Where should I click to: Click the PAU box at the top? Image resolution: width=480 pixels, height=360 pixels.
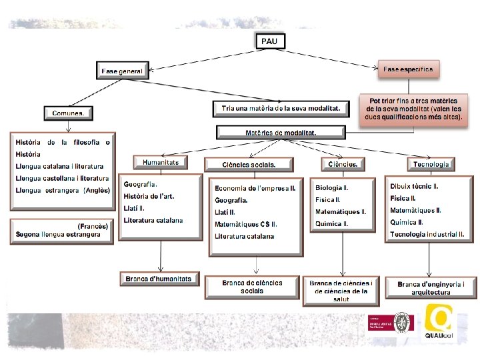click(x=270, y=41)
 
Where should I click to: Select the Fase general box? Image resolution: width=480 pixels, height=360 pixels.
click(x=122, y=71)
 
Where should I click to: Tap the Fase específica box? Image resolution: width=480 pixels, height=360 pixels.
click(x=408, y=69)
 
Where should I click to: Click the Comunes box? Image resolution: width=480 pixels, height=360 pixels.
click(x=68, y=113)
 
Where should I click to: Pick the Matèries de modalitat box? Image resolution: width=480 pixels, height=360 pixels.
click(x=281, y=133)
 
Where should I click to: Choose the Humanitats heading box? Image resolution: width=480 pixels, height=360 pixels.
click(x=161, y=162)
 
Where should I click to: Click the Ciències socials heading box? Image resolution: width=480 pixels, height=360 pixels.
click(x=249, y=164)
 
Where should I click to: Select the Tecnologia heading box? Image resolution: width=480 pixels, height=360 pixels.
click(x=431, y=163)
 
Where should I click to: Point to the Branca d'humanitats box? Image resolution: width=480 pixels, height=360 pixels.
click(x=159, y=279)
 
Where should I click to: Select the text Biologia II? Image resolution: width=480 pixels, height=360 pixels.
click(x=332, y=188)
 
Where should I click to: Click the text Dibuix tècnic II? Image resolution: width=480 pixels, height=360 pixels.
click(x=414, y=186)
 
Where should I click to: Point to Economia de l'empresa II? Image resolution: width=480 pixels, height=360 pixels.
click(x=255, y=188)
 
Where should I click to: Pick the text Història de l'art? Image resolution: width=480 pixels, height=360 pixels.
click(x=149, y=196)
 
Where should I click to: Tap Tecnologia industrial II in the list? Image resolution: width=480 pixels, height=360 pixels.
click(x=427, y=234)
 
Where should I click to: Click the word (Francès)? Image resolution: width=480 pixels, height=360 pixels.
click(x=93, y=226)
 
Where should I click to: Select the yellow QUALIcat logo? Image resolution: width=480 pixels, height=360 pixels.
click(x=439, y=323)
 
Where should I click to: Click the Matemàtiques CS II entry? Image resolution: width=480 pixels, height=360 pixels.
click(x=245, y=224)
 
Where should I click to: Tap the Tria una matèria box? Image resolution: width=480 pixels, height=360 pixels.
click(x=281, y=108)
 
